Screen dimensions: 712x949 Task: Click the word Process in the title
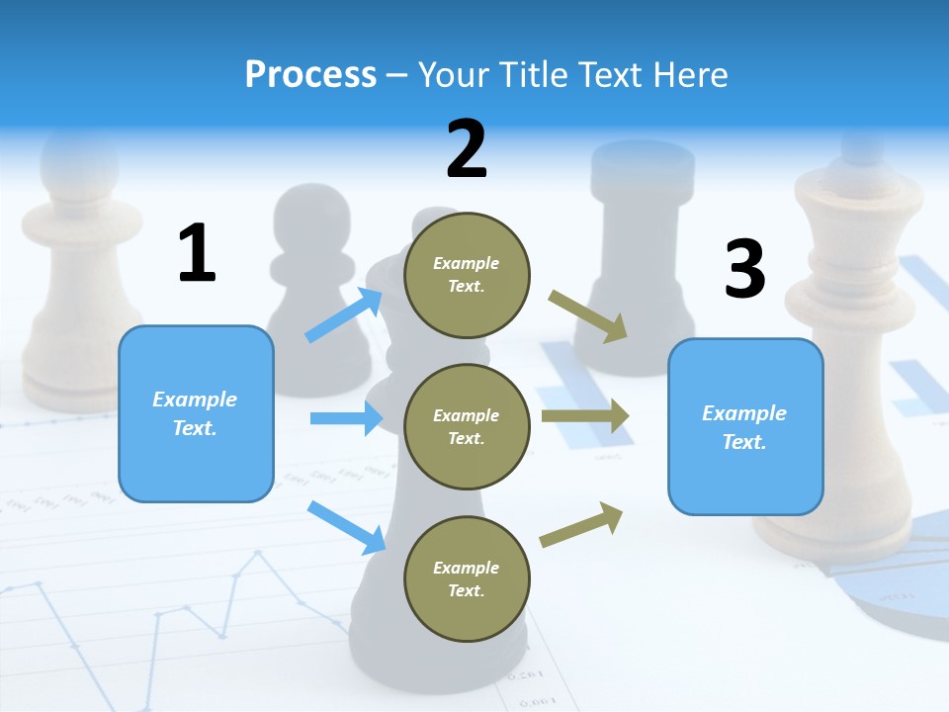(x=310, y=74)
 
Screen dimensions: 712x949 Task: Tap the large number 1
(x=197, y=253)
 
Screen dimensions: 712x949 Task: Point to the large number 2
(x=467, y=148)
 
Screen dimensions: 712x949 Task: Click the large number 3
(x=744, y=269)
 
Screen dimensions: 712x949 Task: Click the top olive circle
(x=467, y=275)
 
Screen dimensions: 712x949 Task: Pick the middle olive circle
(x=467, y=427)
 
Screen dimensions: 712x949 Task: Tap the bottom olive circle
(x=467, y=579)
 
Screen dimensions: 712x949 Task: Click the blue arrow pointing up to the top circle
(x=345, y=315)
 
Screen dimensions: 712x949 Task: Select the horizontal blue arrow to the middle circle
(x=347, y=418)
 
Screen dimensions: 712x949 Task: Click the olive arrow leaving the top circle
(x=588, y=316)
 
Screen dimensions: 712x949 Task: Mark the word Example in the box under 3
(x=744, y=413)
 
